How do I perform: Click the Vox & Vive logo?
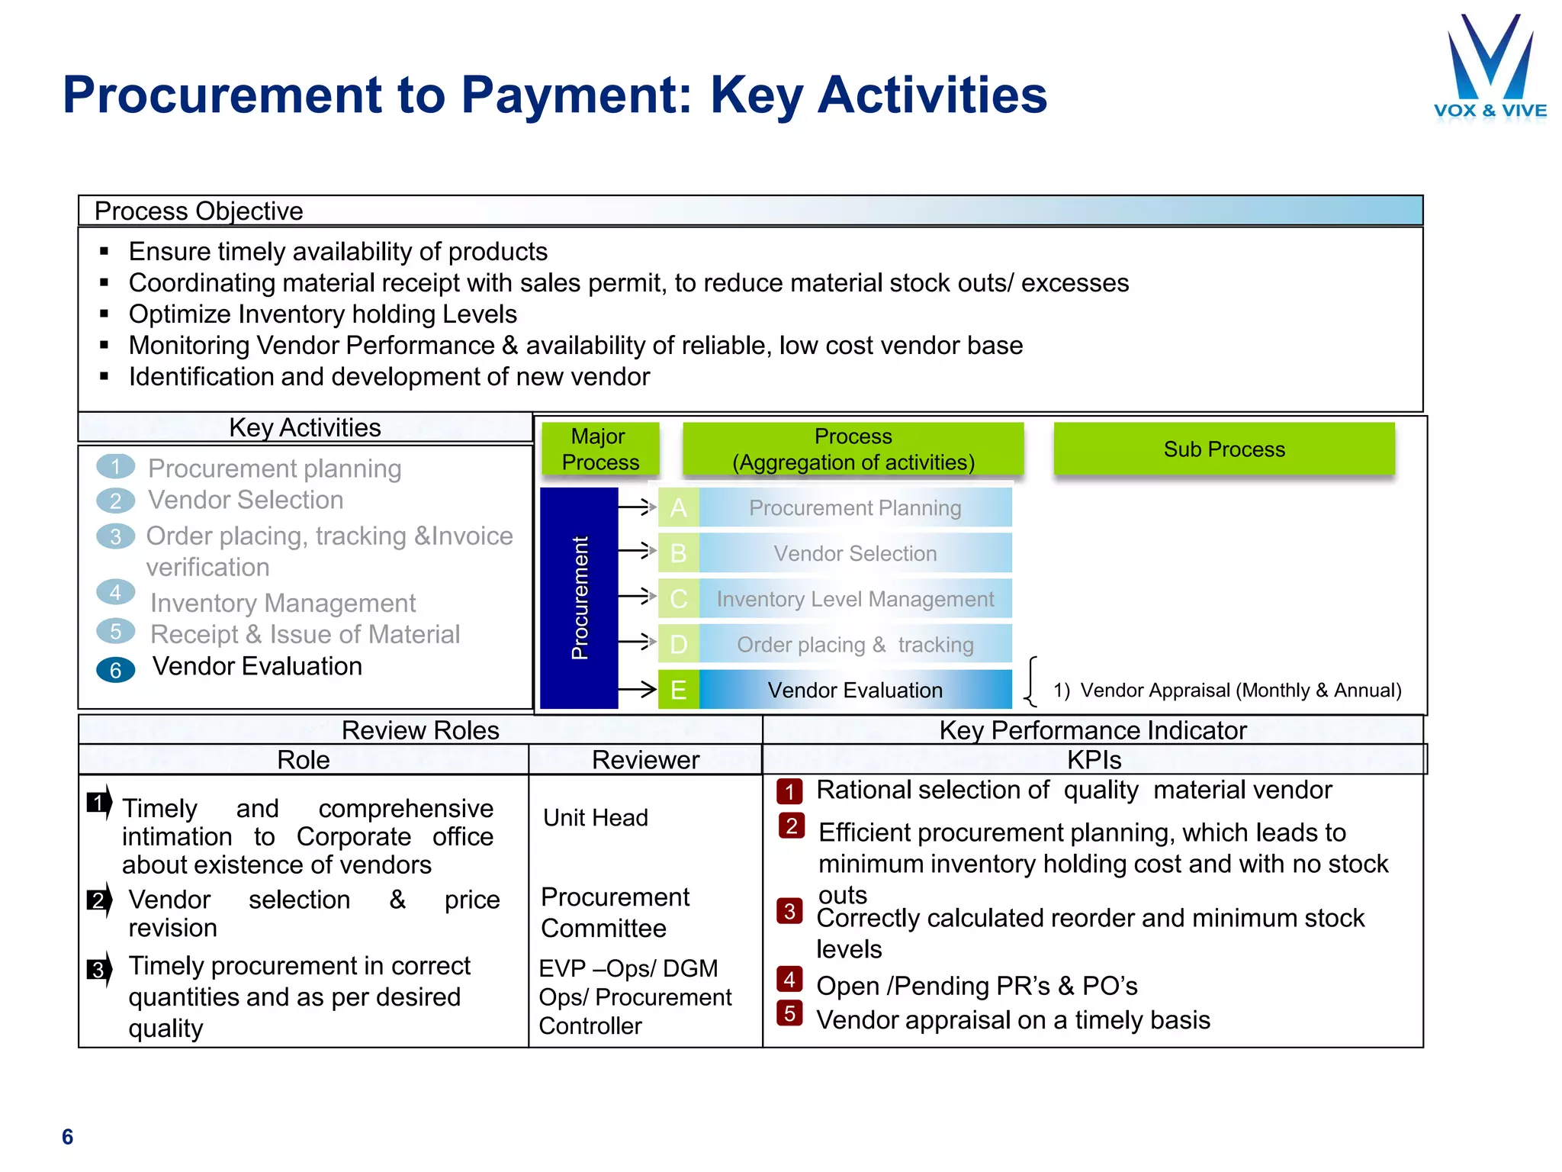pos(1490,69)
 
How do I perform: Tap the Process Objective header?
pos(198,211)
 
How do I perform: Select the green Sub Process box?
pos(1223,449)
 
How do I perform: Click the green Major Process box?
pos(600,449)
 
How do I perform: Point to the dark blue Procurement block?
pos(579,597)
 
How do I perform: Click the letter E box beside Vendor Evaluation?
pos(678,690)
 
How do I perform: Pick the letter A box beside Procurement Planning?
pos(678,507)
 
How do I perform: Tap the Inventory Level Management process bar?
pos(855,599)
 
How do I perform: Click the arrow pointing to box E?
pos(638,690)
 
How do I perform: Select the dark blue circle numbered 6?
pos(116,670)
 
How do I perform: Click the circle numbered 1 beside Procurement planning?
pos(116,466)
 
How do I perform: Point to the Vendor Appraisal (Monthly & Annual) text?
pos(1227,690)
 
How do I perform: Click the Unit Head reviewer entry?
pos(596,818)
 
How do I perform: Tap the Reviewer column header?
pos(645,760)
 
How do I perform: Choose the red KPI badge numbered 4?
pos(789,979)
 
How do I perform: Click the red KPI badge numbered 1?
pos(789,791)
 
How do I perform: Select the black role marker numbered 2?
pos(98,900)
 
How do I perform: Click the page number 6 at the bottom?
pos(68,1137)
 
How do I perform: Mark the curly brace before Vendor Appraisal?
pos(1031,681)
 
